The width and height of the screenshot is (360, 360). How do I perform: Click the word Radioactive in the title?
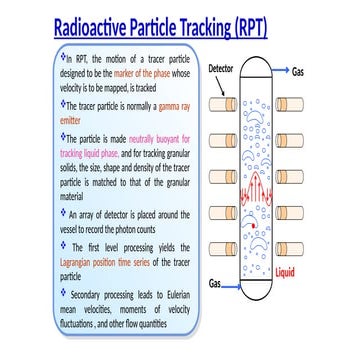click(x=104, y=27)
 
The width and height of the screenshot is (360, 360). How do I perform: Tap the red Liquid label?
click(x=285, y=272)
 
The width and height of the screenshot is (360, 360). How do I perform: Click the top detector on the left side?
click(x=222, y=104)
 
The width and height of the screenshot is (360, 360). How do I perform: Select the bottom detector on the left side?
click(x=222, y=246)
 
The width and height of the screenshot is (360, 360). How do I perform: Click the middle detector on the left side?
click(x=222, y=175)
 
